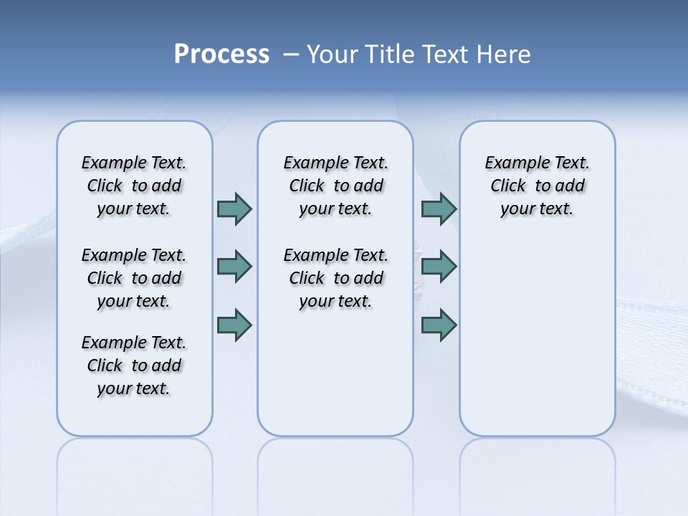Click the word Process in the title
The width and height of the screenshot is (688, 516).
point(221,54)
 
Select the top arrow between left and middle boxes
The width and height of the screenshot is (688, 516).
point(234,209)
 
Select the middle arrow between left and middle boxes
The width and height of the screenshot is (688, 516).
point(234,267)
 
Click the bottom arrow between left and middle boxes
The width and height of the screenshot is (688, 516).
point(234,325)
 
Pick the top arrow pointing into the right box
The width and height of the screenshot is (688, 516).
point(439,209)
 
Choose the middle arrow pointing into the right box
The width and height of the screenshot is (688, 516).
point(439,267)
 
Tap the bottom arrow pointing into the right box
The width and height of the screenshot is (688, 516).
point(439,325)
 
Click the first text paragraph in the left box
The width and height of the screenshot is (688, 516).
point(134,186)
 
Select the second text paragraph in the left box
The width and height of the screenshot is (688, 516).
point(134,278)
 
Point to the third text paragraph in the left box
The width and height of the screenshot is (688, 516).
point(134,365)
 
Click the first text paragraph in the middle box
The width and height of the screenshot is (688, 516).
point(335,186)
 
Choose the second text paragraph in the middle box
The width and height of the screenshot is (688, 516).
point(335,278)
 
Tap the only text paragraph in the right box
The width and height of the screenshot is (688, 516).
point(537,186)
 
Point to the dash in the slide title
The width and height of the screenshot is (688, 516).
point(291,54)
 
